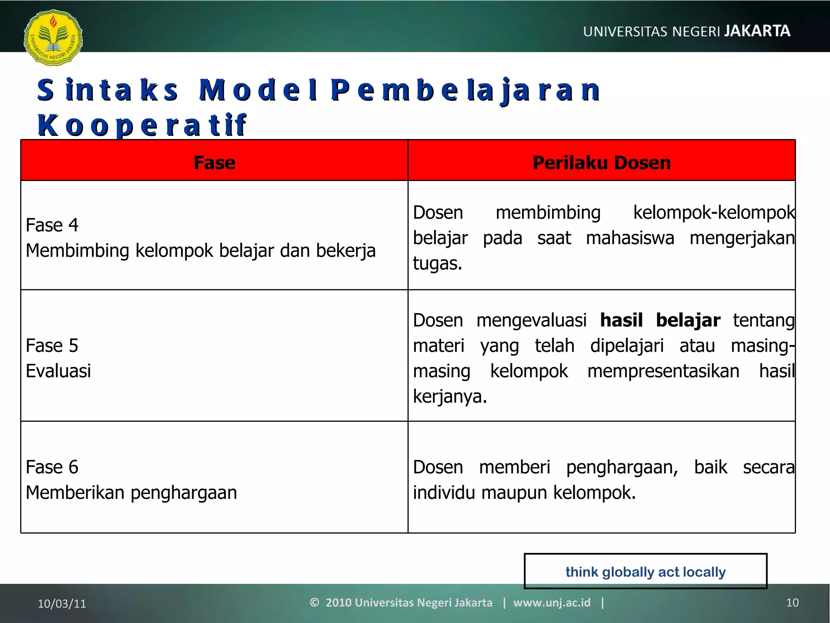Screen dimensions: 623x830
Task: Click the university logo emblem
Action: point(53,37)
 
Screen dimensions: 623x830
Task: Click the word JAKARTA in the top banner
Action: point(757,31)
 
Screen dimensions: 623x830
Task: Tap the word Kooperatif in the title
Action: point(142,125)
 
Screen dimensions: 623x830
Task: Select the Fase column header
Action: point(214,163)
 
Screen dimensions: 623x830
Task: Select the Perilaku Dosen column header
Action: point(601,163)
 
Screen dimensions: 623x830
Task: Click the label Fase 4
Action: point(52,225)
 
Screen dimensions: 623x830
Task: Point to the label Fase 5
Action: point(52,346)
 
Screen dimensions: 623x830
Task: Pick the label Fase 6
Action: point(52,467)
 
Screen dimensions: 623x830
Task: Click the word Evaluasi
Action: point(58,371)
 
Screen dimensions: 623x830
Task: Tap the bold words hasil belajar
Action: point(660,320)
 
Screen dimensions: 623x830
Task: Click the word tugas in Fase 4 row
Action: point(437,264)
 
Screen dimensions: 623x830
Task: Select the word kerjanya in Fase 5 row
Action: point(449,396)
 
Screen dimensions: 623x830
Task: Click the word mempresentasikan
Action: point(663,371)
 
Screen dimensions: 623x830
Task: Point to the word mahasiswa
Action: point(630,238)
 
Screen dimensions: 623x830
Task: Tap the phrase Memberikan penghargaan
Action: point(131,493)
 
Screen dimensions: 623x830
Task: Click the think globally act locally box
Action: point(645,571)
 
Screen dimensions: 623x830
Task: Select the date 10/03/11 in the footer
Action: point(62,604)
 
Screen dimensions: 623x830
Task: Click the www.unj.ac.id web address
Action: point(552,603)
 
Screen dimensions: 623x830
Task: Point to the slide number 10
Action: point(792,603)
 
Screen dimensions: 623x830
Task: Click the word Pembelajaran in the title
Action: point(465,90)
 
